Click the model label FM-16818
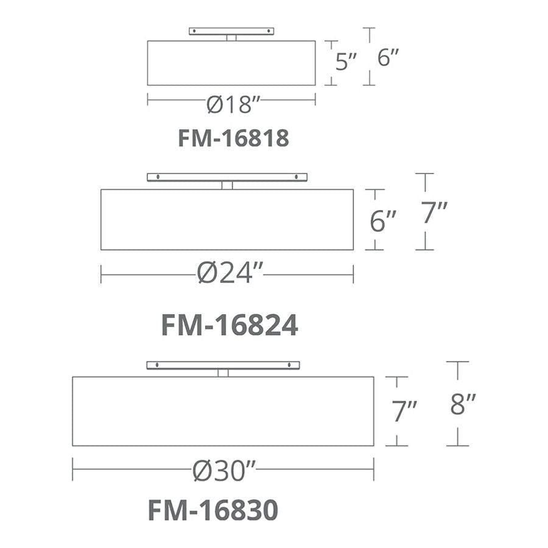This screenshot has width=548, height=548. (233, 138)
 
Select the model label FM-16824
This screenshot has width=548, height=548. (230, 325)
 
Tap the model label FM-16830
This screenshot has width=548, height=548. (213, 510)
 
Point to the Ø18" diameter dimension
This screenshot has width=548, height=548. (233, 104)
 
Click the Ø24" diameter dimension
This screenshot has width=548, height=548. (230, 273)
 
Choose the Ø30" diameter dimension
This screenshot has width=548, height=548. (224, 471)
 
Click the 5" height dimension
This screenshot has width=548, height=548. (346, 61)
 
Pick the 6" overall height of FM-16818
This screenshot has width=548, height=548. (388, 57)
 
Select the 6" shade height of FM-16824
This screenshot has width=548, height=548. (383, 221)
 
